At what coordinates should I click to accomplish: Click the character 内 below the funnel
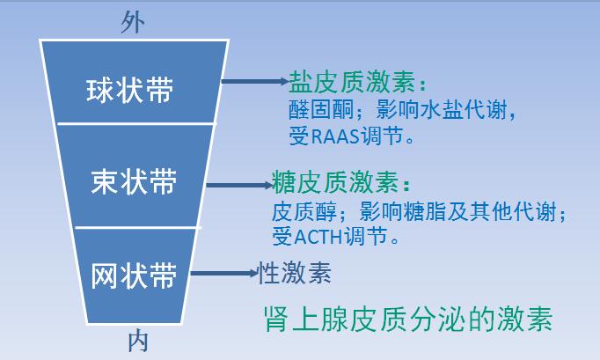(x=138, y=342)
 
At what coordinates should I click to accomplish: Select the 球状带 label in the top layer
(x=130, y=91)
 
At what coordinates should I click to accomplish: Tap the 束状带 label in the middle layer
(x=134, y=181)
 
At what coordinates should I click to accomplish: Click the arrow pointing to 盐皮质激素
(x=253, y=82)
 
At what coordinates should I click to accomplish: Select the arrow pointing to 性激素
(x=223, y=274)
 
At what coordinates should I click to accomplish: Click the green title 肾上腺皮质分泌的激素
(x=408, y=318)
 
